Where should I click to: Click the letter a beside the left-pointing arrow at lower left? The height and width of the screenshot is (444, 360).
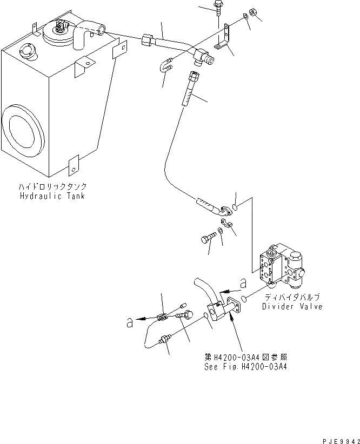pos(129,322)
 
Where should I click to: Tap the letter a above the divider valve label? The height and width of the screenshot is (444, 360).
pos(244,282)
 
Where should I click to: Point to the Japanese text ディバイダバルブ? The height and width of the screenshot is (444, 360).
pos(292,298)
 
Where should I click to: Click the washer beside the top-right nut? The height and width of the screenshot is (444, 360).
pos(246,18)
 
